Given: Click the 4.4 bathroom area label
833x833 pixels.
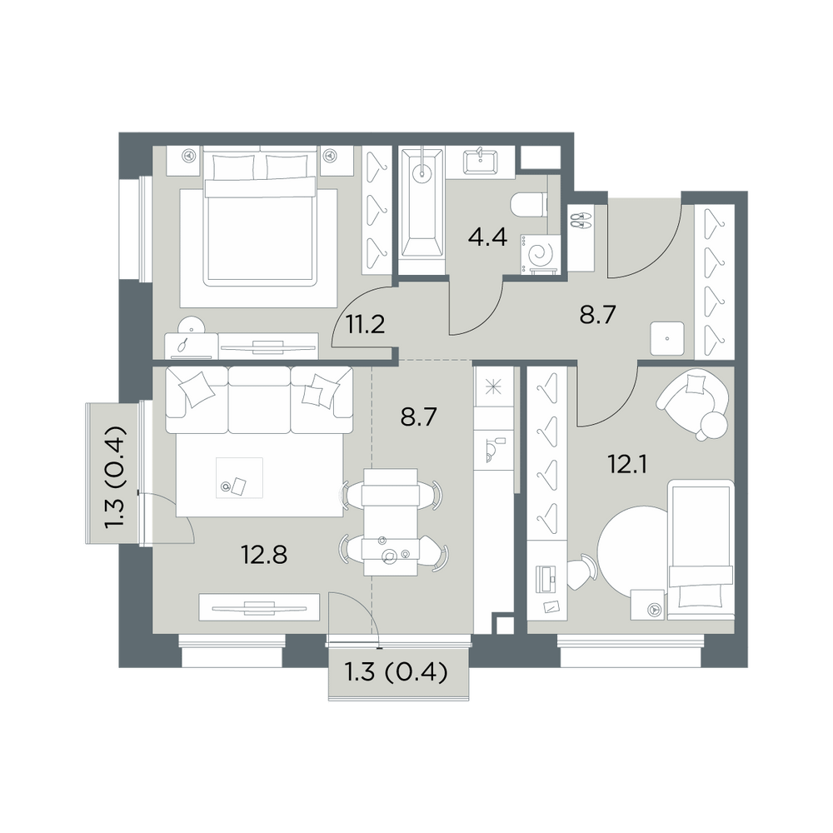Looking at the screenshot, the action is coord(487,237).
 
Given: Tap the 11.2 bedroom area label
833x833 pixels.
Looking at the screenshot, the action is coord(365,324).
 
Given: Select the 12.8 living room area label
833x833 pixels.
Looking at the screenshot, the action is coord(264,555).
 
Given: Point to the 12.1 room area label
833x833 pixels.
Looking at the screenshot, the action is coord(628,465).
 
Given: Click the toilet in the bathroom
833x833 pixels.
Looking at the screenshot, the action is coord(528,205).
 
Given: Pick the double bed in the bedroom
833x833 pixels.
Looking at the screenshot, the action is coord(260,217).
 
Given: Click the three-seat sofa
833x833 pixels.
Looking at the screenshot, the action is coord(259,400).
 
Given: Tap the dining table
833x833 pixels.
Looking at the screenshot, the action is coord(391,521).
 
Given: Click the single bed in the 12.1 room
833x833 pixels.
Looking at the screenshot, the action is coord(701,550).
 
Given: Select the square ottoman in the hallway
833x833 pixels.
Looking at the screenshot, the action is coord(667,338).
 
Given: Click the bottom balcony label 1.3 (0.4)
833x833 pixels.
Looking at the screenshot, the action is coord(397,673).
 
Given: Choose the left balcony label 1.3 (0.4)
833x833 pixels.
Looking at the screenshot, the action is coord(115,476).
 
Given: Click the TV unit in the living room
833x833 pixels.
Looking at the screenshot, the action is coord(259,606).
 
